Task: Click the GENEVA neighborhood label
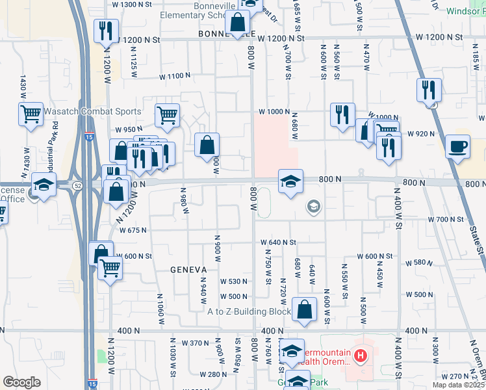coord(188,269)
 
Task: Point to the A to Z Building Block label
coord(249,311)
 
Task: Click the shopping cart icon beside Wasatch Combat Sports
coord(31,114)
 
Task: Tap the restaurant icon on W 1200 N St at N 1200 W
coord(105,31)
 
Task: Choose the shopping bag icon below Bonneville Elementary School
coord(238,23)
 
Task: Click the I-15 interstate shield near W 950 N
coord(88,136)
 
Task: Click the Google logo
coord(21,382)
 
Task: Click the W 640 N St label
coord(279,242)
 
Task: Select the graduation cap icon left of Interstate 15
coord(44,185)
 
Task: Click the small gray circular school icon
coord(313,207)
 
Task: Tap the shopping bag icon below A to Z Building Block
coord(304,310)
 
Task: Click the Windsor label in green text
coord(466,11)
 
